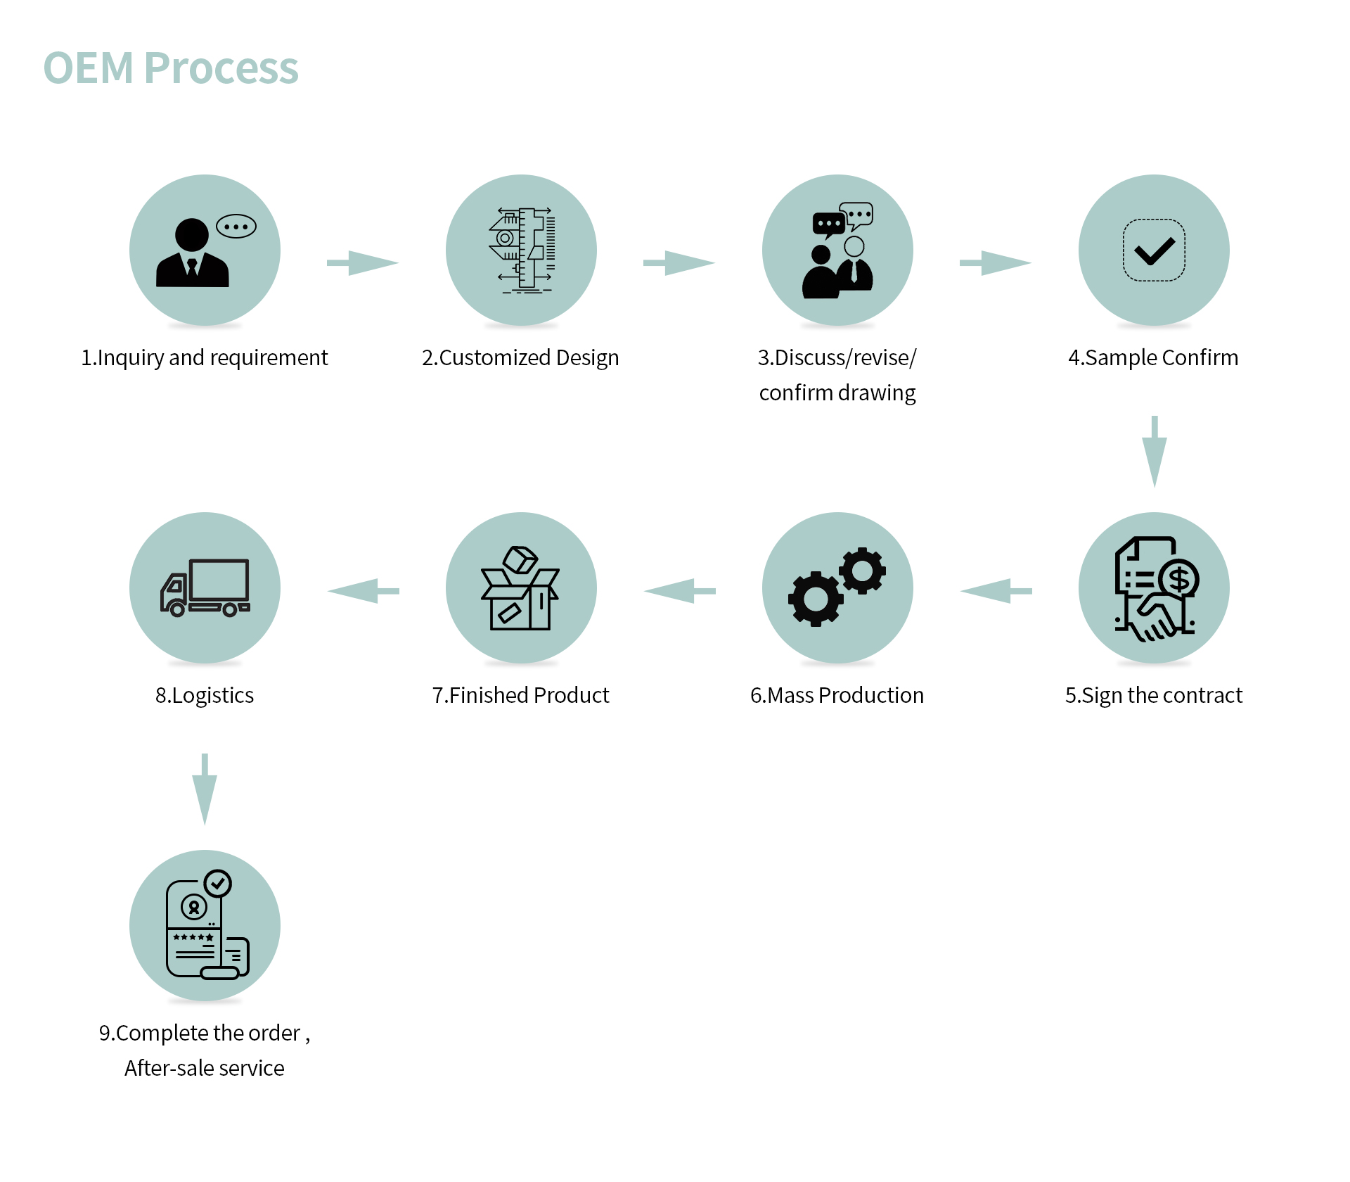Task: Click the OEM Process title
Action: point(171,68)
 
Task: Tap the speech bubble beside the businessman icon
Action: point(236,227)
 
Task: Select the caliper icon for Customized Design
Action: point(522,250)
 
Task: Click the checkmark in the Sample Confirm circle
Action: point(1154,250)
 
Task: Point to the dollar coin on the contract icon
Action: point(1179,579)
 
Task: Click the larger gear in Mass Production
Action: point(816,599)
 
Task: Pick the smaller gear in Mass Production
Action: point(862,571)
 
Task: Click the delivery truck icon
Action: point(205,588)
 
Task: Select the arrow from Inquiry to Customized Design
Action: point(363,263)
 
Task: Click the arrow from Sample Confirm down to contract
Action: point(1154,451)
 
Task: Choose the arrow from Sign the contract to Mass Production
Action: point(996,591)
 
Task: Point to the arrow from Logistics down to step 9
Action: point(205,789)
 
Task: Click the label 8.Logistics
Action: point(205,695)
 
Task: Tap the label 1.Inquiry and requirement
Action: point(205,357)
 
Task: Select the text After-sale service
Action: point(205,1068)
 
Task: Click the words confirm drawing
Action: point(837,393)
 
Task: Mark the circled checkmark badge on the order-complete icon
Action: point(218,883)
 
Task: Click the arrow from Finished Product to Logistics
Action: point(363,591)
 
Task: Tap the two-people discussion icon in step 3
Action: point(838,252)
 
